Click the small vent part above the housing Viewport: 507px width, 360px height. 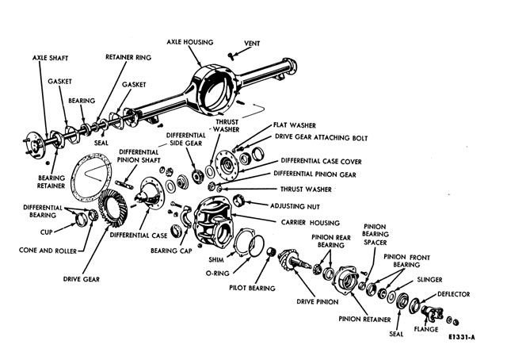(x=230, y=53)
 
